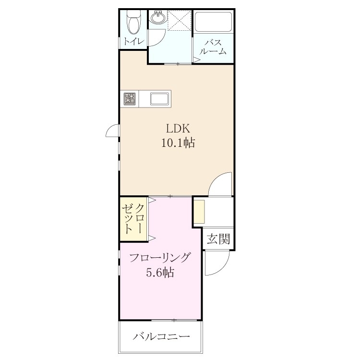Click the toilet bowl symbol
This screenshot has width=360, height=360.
[x=133, y=23]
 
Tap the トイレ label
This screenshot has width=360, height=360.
[x=134, y=42]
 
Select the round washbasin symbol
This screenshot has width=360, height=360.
[x=157, y=17]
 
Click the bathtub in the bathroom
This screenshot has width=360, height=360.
[x=213, y=22]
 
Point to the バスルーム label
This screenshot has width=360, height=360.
[x=213, y=47]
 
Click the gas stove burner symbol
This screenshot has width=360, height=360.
[x=130, y=98]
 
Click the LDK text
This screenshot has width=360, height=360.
[x=179, y=129]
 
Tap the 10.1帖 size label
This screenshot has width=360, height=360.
[x=179, y=143]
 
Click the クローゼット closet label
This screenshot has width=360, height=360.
[x=133, y=219]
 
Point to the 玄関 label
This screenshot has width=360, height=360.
[x=218, y=239]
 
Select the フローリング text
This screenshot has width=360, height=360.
[x=160, y=258]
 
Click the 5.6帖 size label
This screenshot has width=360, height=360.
[x=160, y=273]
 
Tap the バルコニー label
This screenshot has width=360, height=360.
[x=162, y=337]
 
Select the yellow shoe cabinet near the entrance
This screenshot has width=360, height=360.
[x=199, y=212]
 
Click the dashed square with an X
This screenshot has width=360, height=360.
[x=180, y=20]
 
